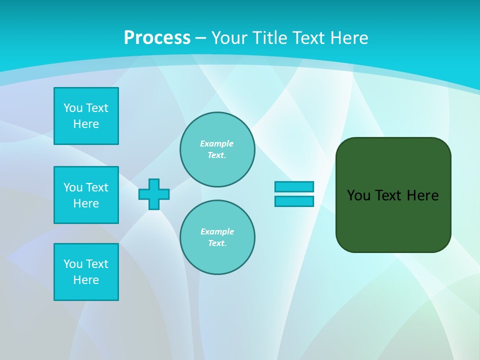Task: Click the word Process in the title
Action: [157, 38]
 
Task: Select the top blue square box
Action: [86, 116]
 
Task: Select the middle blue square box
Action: [86, 195]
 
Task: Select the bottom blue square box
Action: [86, 272]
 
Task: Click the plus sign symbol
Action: [154, 194]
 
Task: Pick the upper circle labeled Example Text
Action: [217, 149]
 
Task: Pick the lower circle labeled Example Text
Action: [217, 237]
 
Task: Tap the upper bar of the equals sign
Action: [294, 186]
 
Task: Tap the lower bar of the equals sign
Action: [294, 201]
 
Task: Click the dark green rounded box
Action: [393, 220]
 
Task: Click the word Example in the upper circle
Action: [217, 143]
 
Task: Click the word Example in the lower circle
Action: [217, 231]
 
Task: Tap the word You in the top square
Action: [73, 108]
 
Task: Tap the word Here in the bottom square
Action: [86, 280]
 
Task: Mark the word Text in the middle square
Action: [97, 187]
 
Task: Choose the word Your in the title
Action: [228, 38]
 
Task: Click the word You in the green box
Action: [358, 195]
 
